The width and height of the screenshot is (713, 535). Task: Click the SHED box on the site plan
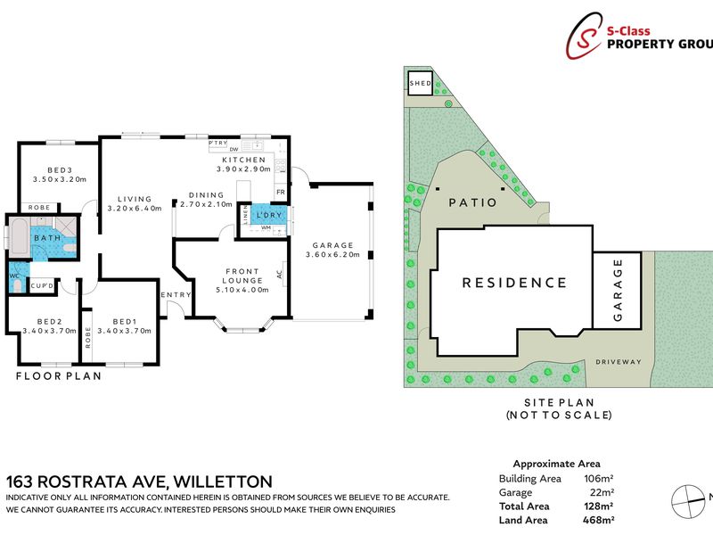(420, 85)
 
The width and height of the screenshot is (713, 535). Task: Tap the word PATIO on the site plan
(472, 202)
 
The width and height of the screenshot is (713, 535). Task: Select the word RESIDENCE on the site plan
(513, 283)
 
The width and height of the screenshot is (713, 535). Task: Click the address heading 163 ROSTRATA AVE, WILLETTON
(139, 481)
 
